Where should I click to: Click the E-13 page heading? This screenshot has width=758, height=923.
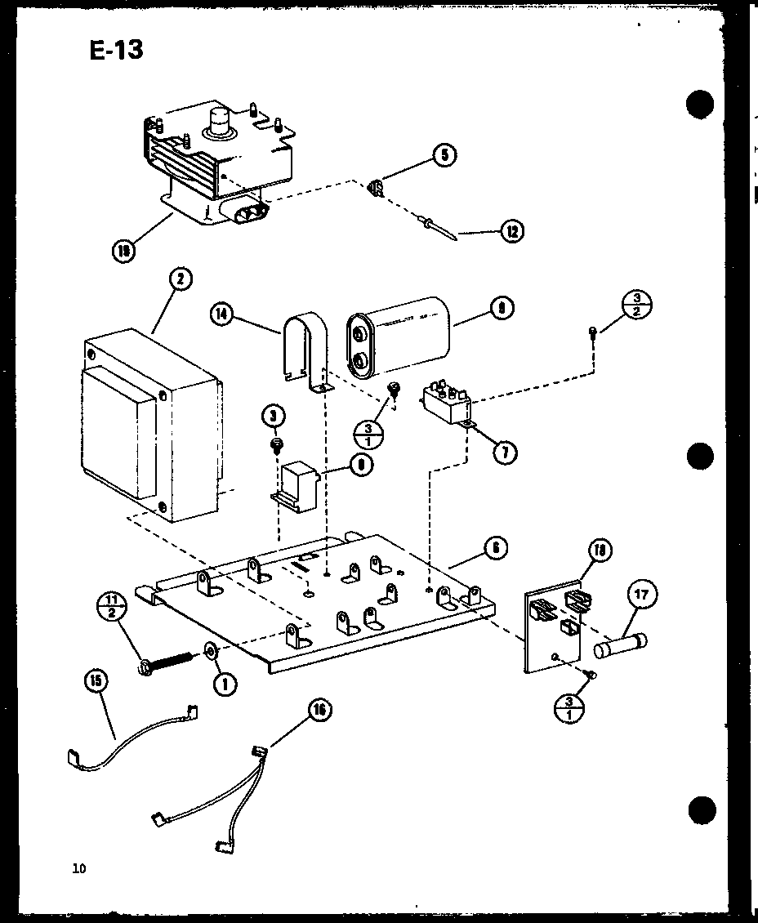click(116, 50)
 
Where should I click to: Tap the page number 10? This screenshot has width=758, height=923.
click(78, 868)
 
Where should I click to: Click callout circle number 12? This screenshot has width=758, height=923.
click(512, 231)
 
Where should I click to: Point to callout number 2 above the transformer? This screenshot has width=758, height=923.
click(180, 279)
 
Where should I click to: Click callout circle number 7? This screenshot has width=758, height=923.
click(505, 451)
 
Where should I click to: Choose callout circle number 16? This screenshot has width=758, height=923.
click(319, 711)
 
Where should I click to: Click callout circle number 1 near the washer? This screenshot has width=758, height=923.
click(225, 682)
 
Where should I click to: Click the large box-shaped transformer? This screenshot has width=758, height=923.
click(150, 425)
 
